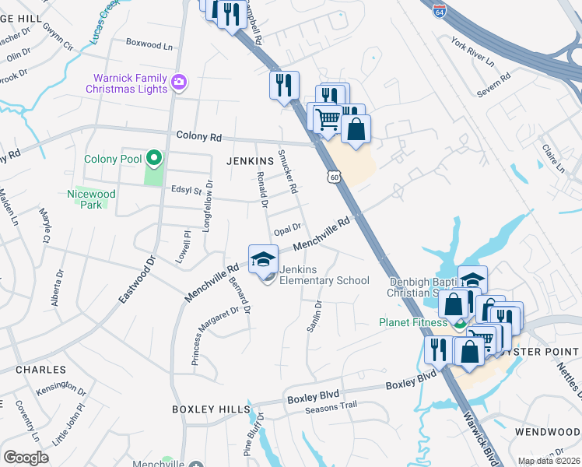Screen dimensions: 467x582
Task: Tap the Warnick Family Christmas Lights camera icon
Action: (180, 82)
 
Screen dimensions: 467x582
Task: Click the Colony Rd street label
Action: (198, 137)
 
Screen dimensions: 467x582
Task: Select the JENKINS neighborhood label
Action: (249, 160)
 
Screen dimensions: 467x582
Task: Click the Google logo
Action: (26, 458)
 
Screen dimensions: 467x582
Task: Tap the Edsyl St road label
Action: (186, 190)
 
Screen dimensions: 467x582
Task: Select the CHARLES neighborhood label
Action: (40, 370)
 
